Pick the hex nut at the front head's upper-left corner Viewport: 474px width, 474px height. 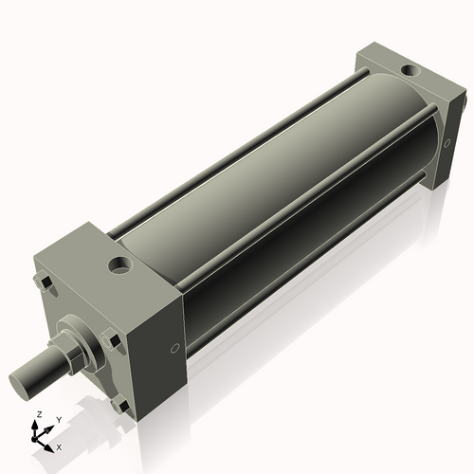(x=44, y=282)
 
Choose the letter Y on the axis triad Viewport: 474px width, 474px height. (x=58, y=419)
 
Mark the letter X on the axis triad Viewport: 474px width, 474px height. (x=59, y=446)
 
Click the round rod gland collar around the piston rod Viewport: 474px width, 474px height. (x=78, y=341)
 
